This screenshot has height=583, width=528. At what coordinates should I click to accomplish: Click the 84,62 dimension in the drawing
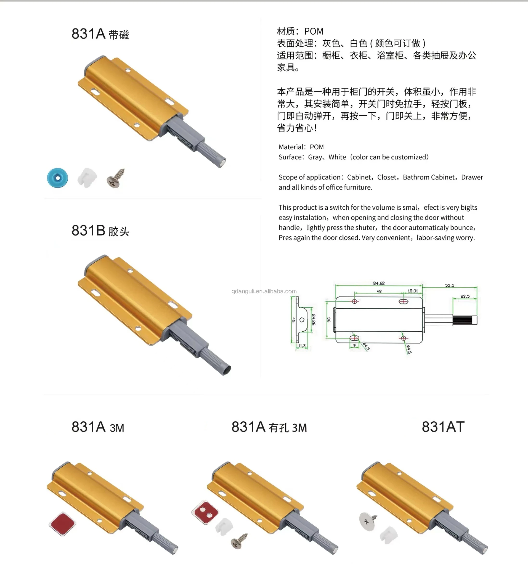(379, 283)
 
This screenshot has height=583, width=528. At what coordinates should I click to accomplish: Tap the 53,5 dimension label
(450, 285)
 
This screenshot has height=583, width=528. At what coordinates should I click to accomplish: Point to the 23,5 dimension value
(465, 296)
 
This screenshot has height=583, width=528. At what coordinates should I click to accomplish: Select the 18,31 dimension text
(413, 291)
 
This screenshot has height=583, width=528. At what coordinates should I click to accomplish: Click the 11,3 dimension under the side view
(302, 346)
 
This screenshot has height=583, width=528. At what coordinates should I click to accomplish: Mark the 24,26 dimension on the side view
(314, 320)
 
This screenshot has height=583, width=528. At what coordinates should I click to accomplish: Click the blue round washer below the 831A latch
(57, 178)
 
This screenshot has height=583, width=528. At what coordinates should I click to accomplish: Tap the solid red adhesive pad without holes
(62, 524)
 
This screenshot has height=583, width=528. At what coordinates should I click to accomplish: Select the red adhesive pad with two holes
(205, 512)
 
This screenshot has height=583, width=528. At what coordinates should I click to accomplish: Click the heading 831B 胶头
(100, 231)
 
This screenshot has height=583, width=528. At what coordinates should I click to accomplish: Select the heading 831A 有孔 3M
(269, 427)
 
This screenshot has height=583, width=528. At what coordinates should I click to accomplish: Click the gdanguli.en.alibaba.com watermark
(264, 291)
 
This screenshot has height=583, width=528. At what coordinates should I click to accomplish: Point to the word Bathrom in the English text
(414, 177)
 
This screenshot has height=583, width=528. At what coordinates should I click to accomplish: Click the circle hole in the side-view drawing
(302, 320)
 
